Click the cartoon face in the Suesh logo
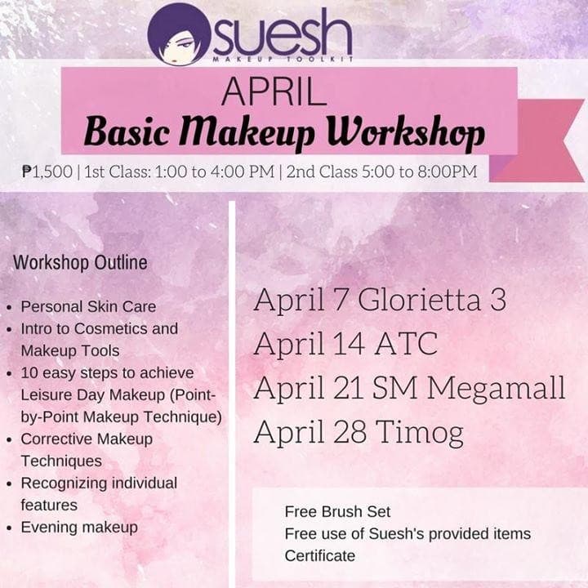tap(179, 34)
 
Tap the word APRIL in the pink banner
tap(274, 91)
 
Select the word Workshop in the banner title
tap(406, 133)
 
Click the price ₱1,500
tap(47, 171)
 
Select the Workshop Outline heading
tap(80, 262)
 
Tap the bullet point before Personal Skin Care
tap(9, 308)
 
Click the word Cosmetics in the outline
tap(110, 329)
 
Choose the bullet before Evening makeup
tap(9, 528)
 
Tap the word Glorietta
tap(419, 300)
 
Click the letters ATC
tap(406, 344)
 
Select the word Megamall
tap(496, 389)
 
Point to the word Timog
tap(420, 434)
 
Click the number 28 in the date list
tap(350, 432)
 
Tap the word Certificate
tap(320, 556)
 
